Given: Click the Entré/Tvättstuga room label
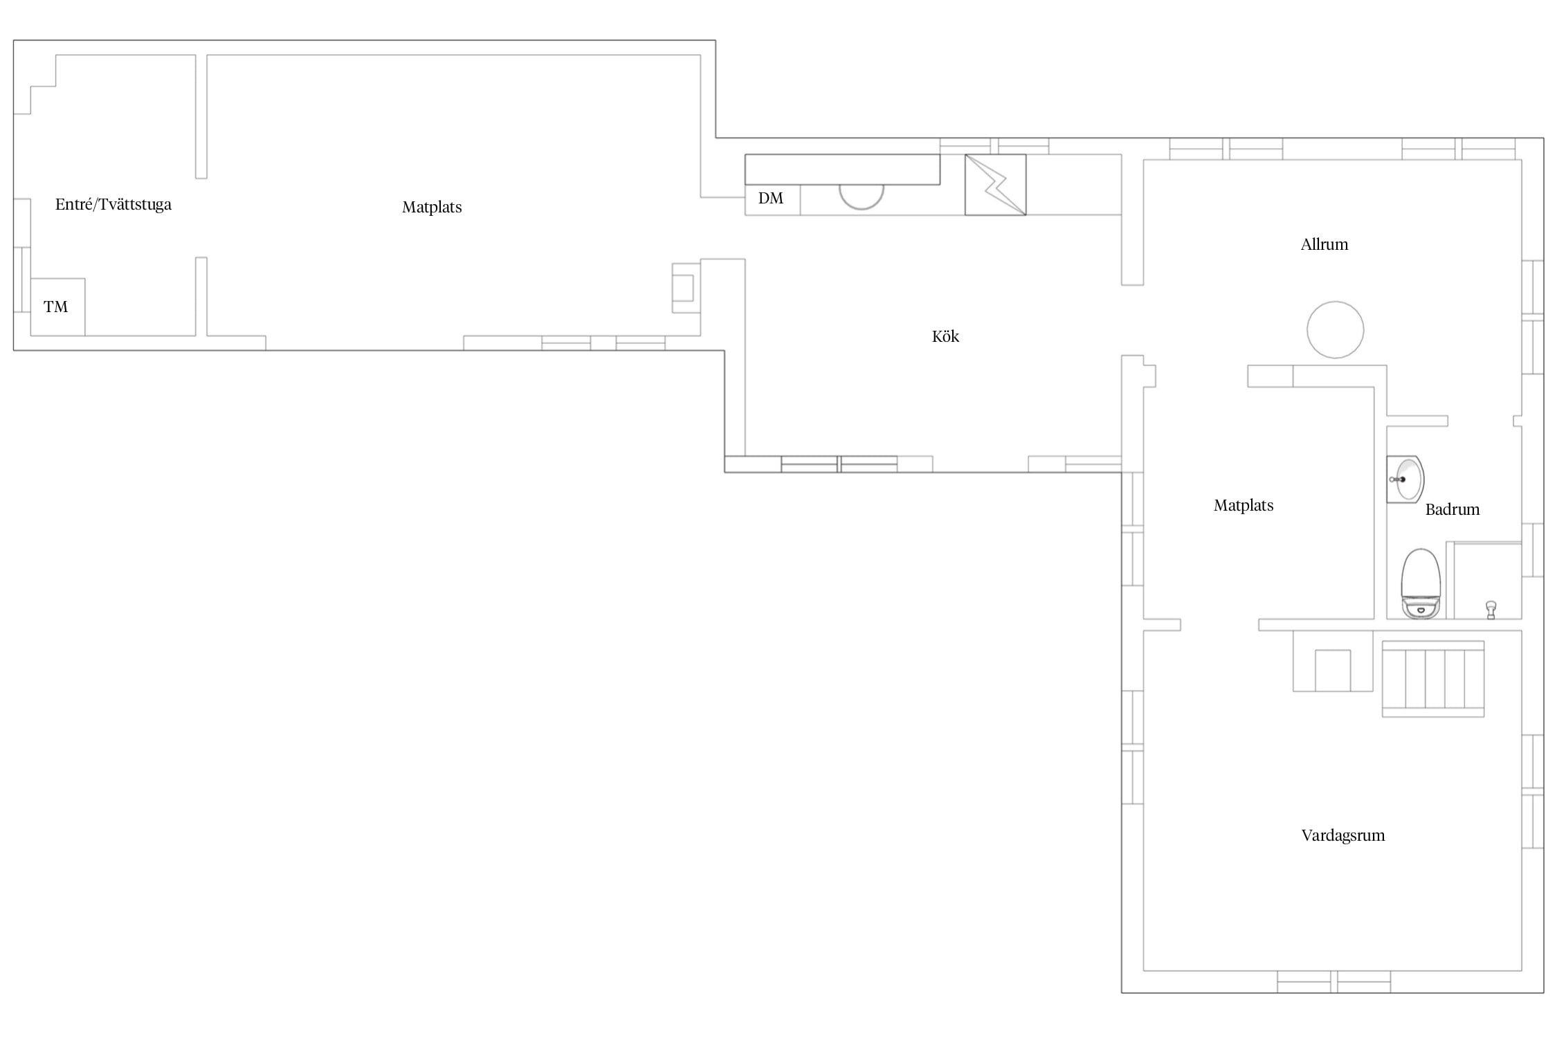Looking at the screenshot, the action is click(113, 205).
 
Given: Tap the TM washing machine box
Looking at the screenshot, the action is click(57, 307).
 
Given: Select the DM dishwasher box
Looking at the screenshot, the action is click(772, 200).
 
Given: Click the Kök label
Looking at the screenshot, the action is click(945, 337).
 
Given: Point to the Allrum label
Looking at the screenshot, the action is click(1324, 244).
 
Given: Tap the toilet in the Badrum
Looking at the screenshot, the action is click(1421, 583).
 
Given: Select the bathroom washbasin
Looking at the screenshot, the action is click(1405, 479).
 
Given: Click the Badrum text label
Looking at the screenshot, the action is click(1453, 510).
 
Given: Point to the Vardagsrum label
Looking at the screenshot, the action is click(1343, 836).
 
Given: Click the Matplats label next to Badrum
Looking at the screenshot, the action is click(1244, 506).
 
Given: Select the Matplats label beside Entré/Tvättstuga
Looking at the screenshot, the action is click(432, 208).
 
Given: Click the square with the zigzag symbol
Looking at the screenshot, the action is click(996, 185).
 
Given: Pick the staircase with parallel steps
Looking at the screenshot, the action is click(1433, 679).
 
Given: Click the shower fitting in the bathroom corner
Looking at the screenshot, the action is click(1491, 610).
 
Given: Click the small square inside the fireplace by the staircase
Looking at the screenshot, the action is click(1333, 670).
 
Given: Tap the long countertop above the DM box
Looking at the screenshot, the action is click(842, 170).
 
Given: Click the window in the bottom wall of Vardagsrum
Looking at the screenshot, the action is click(1333, 982).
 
